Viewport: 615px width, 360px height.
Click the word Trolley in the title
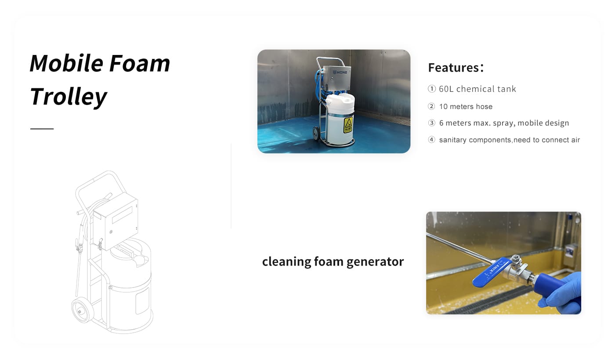pos(68,97)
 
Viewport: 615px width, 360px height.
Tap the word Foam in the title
pos(140,63)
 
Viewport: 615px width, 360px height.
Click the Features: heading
pos(456,68)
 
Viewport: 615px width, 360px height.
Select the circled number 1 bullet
pos(431,89)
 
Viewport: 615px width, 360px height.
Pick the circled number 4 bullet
pos(431,140)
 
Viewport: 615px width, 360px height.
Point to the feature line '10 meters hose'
pos(466,107)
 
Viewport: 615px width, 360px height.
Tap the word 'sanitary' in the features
pos(453,140)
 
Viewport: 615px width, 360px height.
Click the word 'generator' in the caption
pos(375,262)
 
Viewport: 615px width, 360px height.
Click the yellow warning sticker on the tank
pos(348,125)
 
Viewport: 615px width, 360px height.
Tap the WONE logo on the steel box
pos(340,72)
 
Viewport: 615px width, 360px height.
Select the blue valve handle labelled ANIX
pos(492,272)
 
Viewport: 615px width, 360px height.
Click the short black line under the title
pos(42,129)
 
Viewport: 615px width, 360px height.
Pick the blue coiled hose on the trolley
pos(319,84)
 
